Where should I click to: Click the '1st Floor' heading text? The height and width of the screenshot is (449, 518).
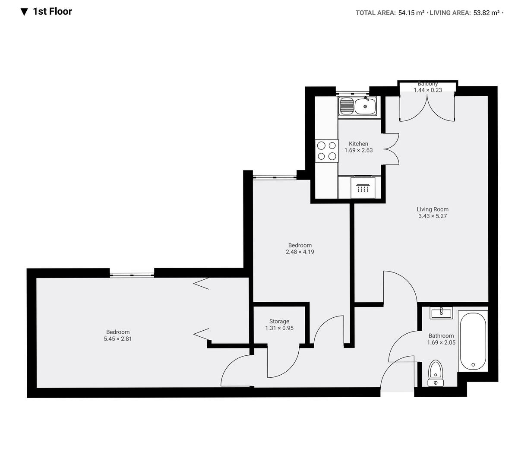point(52,12)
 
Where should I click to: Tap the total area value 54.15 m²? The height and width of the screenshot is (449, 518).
point(411,13)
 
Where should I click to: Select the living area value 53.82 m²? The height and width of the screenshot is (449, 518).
point(486,13)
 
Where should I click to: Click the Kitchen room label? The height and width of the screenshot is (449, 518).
point(358,144)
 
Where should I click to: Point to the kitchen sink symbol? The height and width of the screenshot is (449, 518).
point(358,106)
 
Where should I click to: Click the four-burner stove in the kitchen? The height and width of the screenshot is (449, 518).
point(326,151)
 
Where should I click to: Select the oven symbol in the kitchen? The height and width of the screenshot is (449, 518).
point(363,188)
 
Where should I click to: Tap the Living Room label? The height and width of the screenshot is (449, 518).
point(433,209)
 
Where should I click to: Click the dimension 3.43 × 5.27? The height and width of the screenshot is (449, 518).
point(433,216)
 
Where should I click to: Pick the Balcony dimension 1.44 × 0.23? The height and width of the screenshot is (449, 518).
point(427,90)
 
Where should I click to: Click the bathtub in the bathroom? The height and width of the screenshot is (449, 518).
point(473,341)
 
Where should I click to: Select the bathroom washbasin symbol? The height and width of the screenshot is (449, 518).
point(441,313)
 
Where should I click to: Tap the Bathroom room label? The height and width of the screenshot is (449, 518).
point(441,336)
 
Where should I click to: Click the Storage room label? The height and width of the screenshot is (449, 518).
point(279,321)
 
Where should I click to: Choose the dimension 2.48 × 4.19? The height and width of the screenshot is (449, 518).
point(300,252)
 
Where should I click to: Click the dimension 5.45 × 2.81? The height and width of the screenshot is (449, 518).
point(118,339)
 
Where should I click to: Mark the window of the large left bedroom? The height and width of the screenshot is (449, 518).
point(132,275)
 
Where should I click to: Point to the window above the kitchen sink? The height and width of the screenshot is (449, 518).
point(353,93)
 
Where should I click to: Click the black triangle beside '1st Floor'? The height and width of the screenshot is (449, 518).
point(24,12)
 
